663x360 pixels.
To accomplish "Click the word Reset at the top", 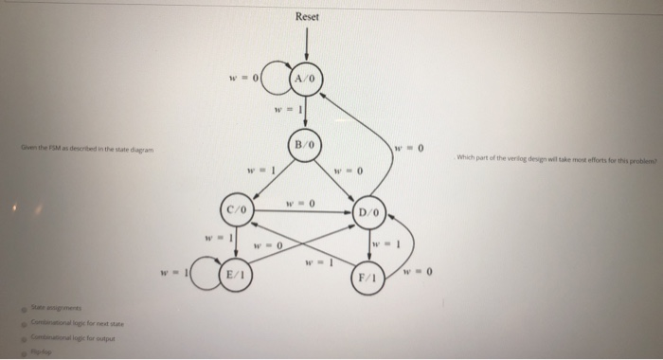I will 307,16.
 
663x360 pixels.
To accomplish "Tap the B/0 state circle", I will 305,146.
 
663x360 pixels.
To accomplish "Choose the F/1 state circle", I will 368,279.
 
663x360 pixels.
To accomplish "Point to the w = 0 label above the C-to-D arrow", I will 302,201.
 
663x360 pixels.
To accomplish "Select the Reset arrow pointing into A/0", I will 307,44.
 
